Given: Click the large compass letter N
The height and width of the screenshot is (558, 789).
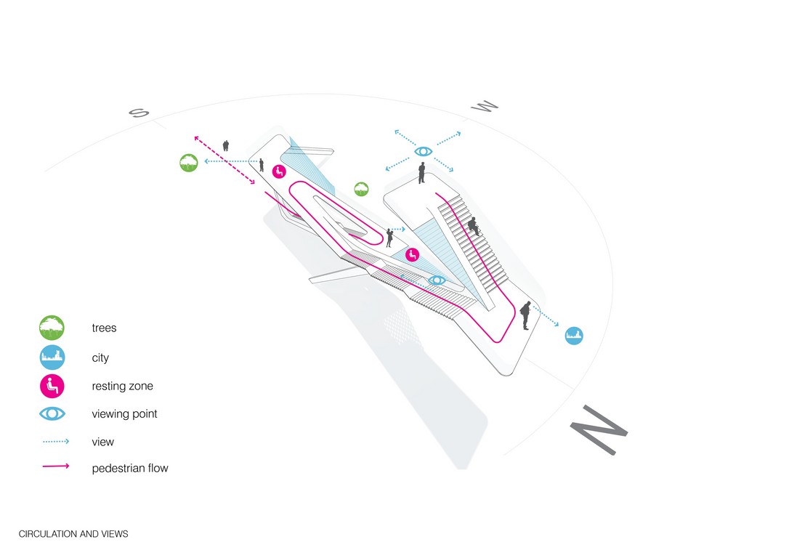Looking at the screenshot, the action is (599, 429).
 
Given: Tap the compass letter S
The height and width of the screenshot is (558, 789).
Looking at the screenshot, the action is (139, 112).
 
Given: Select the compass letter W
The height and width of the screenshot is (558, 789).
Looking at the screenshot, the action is (485, 106).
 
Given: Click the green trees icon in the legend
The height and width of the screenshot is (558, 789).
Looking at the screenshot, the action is (52, 328).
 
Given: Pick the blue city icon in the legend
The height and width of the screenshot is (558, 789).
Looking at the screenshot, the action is (52, 357).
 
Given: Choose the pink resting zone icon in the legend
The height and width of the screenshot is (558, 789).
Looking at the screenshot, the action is (52, 387).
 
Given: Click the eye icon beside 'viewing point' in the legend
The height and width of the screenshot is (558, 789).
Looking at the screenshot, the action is (52, 413).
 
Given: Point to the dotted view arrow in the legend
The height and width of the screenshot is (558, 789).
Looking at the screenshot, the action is (56, 441).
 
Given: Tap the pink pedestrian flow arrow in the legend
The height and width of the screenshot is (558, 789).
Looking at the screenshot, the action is (56, 466).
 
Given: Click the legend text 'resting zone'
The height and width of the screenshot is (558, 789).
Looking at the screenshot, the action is (122, 386).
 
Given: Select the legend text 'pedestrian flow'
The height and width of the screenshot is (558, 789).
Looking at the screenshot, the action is (130, 468).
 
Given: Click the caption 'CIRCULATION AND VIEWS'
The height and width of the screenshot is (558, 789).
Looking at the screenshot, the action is (73, 534).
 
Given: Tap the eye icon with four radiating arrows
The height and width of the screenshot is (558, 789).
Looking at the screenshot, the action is (423, 151).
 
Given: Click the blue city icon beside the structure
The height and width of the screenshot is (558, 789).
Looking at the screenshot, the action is (574, 336).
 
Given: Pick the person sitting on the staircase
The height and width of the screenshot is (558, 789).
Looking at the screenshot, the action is (473, 227).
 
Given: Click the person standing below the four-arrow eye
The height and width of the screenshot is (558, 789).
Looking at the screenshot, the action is (421, 173).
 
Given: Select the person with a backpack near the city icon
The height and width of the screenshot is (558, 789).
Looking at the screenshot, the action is (525, 315).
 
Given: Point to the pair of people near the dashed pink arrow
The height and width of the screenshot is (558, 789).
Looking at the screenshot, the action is (226, 145).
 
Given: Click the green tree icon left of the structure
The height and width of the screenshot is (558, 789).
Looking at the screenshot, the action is (189, 163).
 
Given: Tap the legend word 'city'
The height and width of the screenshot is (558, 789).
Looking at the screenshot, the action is (100, 357).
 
